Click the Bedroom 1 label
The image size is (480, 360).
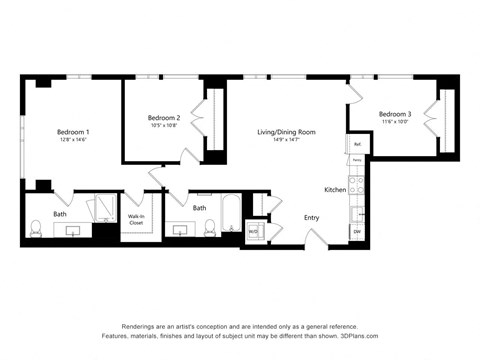73,132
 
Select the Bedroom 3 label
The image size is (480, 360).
395,115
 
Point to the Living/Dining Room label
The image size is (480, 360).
286,132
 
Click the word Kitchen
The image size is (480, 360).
335,189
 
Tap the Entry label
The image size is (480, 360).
311,217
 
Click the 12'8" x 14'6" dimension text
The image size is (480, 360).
73,141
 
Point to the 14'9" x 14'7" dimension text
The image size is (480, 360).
286,141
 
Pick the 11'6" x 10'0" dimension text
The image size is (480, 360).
395,124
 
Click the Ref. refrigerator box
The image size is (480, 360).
356,143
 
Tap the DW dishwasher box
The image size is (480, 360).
357,232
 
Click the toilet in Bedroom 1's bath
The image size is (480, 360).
36,232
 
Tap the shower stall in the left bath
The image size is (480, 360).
102,208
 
